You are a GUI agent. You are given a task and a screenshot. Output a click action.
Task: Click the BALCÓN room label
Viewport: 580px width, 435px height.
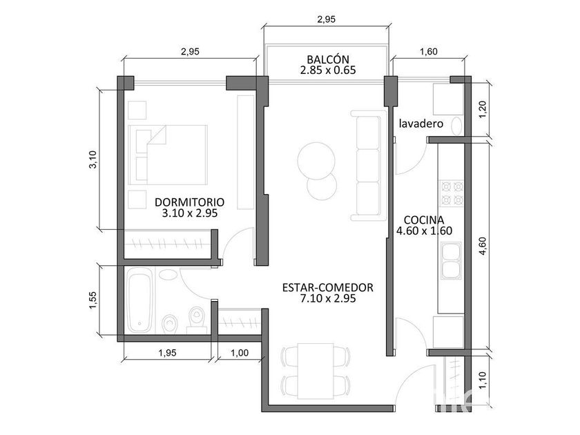click(328, 59)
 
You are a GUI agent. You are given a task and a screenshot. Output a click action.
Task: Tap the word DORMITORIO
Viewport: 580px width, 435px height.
click(189, 202)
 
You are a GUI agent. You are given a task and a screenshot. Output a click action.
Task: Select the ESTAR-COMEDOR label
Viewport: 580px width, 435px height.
click(328, 287)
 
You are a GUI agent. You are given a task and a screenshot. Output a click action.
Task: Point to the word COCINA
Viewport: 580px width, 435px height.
click(424, 220)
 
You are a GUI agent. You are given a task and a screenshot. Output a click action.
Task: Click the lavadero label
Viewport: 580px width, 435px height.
click(421, 123)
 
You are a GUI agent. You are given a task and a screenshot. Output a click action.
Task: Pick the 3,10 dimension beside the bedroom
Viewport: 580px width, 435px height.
click(93, 159)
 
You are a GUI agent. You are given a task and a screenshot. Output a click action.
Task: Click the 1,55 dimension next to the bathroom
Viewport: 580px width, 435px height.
click(93, 300)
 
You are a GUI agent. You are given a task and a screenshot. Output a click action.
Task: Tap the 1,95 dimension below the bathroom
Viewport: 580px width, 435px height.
click(168, 353)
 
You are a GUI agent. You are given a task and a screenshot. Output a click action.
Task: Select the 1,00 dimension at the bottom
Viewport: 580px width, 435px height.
click(240, 353)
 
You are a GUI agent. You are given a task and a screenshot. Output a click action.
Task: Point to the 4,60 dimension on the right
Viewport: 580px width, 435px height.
click(483, 246)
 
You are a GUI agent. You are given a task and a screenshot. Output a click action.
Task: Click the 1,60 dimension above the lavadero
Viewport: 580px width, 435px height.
click(429, 51)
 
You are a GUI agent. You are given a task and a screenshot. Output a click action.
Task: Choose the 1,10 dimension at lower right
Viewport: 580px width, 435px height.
click(483, 380)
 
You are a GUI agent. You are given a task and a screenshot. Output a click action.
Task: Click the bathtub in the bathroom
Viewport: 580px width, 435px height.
click(139, 301)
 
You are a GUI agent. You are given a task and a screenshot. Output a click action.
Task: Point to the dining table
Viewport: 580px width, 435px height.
click(316, 371)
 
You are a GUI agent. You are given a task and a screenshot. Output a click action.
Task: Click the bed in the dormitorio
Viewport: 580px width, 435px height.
click(168, 155)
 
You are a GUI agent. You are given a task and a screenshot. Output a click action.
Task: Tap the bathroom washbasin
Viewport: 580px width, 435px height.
click(168, 275)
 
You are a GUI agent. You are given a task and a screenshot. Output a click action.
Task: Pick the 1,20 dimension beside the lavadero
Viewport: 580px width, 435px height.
click(483, 110)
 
